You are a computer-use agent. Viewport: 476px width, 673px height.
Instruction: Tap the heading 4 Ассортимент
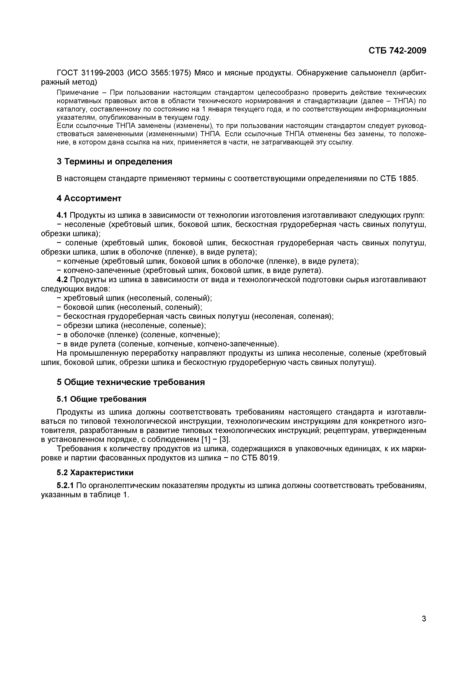click(x=89, y=198)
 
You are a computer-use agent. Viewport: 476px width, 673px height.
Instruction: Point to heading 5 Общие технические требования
click(x=131, y=382)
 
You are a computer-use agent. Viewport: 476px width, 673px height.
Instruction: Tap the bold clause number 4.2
click(x=62, y=280)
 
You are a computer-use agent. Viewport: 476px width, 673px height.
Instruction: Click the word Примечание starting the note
click(x=77, y=93)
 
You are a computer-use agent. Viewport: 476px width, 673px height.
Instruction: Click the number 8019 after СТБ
click(x=269, y=458)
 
